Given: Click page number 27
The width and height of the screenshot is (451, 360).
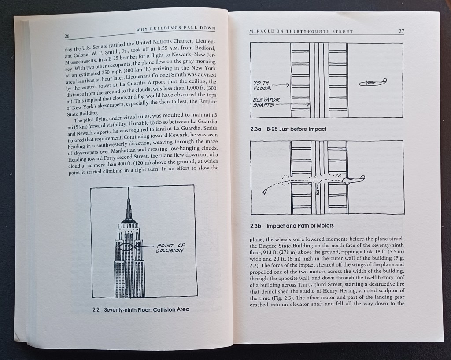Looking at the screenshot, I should coord(401,31).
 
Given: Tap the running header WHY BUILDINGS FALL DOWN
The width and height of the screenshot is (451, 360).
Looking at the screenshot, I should coord(176,29).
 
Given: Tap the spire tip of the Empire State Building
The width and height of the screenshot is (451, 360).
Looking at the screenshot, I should coord(129,190).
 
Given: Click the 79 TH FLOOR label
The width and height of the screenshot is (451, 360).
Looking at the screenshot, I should coord(262,85).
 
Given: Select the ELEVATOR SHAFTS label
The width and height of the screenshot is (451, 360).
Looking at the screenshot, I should coord(266,102).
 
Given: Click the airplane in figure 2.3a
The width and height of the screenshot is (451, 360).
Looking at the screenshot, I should coord(373,82).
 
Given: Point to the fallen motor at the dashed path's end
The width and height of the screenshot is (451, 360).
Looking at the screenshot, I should coord(264,191).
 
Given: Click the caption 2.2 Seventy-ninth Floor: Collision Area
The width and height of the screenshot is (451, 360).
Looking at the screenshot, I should coord(141,309).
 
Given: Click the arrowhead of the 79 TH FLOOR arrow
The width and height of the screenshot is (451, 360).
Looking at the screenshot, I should coord(288,85).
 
